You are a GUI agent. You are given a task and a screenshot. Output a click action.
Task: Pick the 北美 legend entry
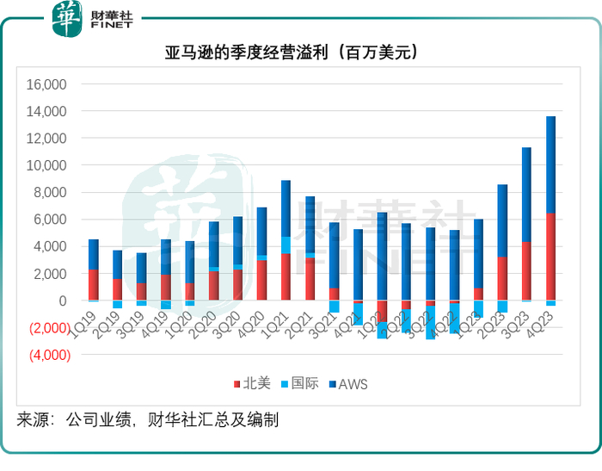tap(249, 384)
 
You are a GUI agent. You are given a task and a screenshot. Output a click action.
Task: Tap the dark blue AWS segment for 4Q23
tap(550, 164)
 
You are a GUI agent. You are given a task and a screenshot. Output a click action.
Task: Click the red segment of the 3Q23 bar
tap(526, 271)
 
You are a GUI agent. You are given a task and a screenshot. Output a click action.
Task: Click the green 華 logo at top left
tap(66, 19)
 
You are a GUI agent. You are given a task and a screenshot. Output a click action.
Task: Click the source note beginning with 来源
tap(147, 420)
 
